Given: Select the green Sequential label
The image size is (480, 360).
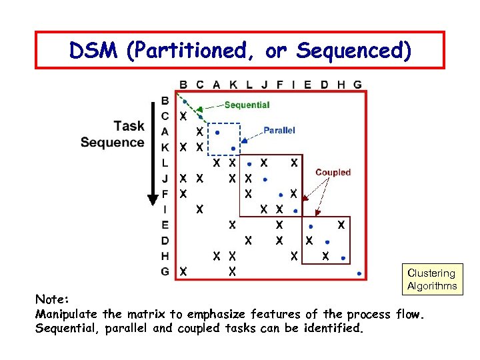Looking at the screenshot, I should point(247,105).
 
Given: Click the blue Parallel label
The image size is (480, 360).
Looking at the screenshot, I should point(279,130).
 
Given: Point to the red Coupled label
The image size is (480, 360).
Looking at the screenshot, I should point(333,172).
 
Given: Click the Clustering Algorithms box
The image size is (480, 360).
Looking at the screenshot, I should point(432,279).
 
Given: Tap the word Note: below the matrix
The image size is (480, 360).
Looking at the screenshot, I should point(52,300).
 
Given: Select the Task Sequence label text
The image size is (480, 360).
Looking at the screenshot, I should point(112,134).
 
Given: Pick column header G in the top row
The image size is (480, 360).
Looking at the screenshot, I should point(358,85).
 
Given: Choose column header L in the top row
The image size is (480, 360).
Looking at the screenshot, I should point(249,85).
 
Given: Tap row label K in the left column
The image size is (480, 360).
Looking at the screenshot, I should point(165,147).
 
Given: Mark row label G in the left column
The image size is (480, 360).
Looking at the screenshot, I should point(165,271).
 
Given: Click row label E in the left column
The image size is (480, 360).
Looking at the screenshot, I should point(165,225).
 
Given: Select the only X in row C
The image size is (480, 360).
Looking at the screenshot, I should point(183,117).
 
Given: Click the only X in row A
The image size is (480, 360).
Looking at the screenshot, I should point(199,131).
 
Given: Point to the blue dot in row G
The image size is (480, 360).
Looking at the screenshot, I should point(359,273).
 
